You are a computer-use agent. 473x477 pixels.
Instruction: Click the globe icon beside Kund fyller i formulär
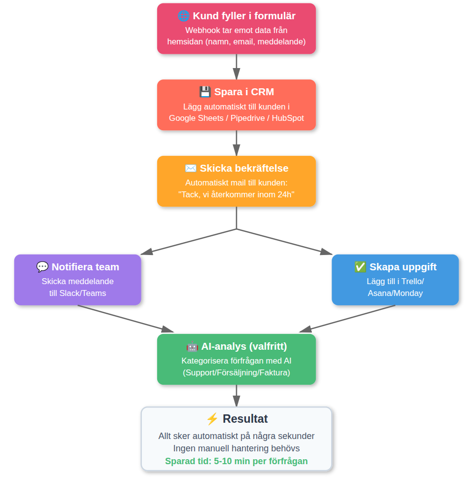click(183, 16)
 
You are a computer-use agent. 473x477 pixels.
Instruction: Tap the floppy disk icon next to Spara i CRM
click(205, 92)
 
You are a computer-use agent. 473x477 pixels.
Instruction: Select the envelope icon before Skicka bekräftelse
click(191, 169)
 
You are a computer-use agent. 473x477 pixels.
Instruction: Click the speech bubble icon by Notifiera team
click(42, 267)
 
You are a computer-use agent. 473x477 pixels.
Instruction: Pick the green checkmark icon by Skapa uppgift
click(360, 267)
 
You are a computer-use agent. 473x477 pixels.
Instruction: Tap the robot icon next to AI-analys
click(192, 346)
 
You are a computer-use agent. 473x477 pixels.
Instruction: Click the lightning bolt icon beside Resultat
click(212, 419)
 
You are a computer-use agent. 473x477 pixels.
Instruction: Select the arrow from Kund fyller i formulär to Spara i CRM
click(236, 67)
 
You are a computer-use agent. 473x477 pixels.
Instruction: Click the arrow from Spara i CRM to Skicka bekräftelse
click(236, 143)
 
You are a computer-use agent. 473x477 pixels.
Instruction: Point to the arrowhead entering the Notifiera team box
click(146, 252)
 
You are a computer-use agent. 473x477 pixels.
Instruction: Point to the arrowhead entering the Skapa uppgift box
click(327, 252)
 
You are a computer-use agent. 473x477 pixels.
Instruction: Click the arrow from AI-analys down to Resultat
click(236, 396)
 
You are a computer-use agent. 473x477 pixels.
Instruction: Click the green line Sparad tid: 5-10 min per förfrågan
click(236, 462)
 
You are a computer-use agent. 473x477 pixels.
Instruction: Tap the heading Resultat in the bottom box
click(245, 419)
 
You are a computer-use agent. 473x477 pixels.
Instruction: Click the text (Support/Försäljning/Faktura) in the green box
click(236, 373)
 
